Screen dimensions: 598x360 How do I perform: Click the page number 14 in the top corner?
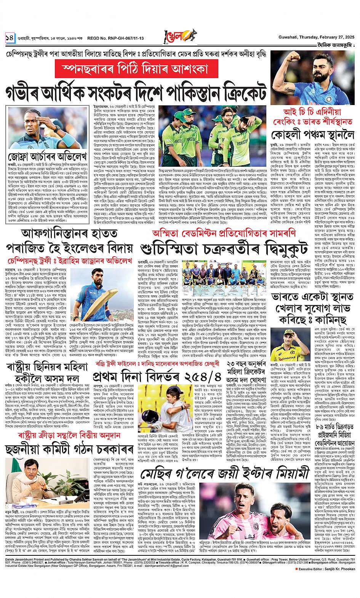coord(10,38)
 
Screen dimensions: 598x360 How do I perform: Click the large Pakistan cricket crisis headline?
coord(136,92)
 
